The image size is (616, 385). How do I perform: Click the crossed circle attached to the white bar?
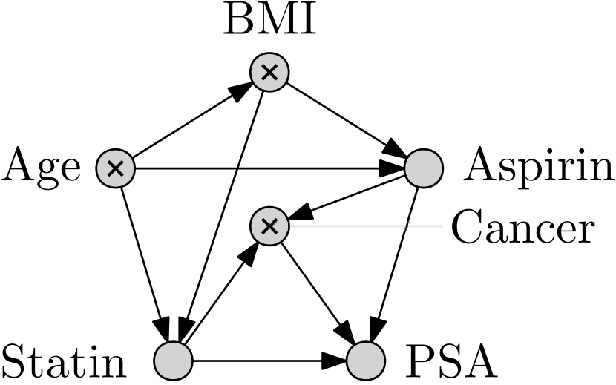point(269,226)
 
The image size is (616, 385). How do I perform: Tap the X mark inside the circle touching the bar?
point(269,226)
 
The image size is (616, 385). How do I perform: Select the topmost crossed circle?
point(269,73)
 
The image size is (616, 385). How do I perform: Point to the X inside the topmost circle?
point(269,73)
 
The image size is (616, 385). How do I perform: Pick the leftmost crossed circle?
point(116,168)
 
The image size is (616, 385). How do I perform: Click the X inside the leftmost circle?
point(116,168)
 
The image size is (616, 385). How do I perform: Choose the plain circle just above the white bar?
point(424,168)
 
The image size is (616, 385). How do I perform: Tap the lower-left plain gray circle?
point(173,361)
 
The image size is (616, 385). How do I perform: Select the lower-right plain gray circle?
point(366,361)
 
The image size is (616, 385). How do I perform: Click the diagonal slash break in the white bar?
point(407,226)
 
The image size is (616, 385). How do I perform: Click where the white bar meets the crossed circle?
point(288,226)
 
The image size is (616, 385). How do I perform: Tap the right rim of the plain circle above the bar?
point(441,168)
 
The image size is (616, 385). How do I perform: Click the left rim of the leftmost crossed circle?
point(99,168)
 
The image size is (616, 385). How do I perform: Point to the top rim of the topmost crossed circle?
point(269,56)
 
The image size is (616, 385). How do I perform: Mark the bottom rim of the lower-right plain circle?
point(366,378)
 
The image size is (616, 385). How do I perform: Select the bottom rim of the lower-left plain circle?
point(173,378)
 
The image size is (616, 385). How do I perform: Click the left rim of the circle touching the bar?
point(252,226)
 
